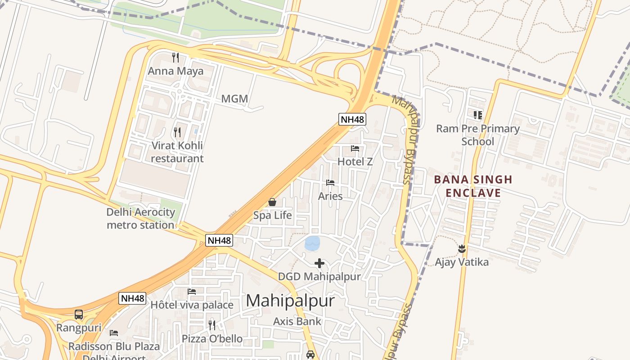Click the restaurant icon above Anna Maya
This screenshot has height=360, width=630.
click(x=175, y=58)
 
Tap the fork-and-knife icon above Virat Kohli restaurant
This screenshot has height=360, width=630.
click(x=177, y=132)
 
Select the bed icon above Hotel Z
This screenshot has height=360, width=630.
click(x=355, y=148)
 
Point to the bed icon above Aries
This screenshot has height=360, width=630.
click(x=330, y=183)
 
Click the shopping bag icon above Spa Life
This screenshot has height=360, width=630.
click(x=272, y=202)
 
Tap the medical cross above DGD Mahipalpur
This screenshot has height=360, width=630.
click(x=319, y=263)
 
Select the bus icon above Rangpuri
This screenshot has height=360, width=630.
click(x=79, y=315)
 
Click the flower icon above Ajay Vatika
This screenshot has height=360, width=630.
click(x=462, y=248)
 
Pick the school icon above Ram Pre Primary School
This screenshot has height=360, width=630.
click(x=478, y=115)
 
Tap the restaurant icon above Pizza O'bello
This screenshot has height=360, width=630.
click(x=212, y=325)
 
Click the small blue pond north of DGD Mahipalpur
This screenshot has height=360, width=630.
click(x=312, y=243)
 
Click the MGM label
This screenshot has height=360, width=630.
click(x=234, y=99)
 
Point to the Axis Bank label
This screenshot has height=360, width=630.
click(x=297, y=321)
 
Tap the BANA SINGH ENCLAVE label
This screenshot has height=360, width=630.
click(x=473, y=186)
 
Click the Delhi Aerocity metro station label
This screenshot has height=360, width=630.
click(x=140, y=219)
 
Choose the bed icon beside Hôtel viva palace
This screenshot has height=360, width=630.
click(x=192, y=292)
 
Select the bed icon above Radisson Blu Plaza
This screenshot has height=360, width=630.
click(x=114, y=333)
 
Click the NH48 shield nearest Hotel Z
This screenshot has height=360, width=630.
click(x=352, y=119)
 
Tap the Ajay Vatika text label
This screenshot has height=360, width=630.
click(x=462, y=262)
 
